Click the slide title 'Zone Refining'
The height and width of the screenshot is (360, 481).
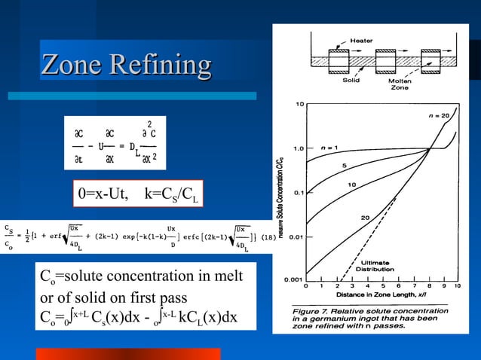(126, 65)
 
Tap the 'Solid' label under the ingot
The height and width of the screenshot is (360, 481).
(351, 78)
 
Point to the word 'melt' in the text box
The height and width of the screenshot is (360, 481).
(228, 276)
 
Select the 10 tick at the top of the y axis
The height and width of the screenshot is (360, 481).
(299, 103)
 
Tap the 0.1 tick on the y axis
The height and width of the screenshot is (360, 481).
(297, 192)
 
